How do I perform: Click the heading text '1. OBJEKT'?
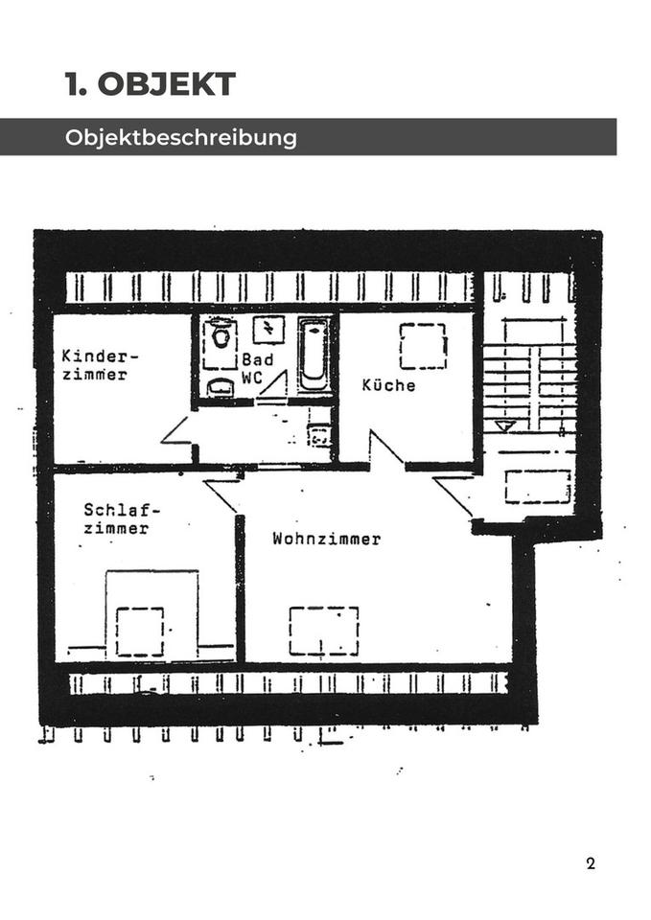coord(151,84)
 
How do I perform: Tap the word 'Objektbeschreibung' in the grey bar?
coord(181,137)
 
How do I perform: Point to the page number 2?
coord(591,863)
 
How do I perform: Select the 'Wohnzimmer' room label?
coord(326,539)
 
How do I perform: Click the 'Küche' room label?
coord(388,385)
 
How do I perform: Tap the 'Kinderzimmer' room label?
coord(100,365)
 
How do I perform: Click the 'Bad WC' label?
coord(256,368)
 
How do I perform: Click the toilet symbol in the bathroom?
coord(221,336)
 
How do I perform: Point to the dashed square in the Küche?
coord(423,346)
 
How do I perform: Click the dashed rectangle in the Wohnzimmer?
coord(324,631)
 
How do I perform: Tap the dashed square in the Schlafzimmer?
coord(140,632)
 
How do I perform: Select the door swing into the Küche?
coord(385,449)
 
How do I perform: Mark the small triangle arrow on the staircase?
coord(505,425)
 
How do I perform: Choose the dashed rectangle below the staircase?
coord(538,486)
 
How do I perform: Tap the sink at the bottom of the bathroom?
coord(221,387)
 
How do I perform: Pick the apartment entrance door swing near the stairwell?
coord(454,494)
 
